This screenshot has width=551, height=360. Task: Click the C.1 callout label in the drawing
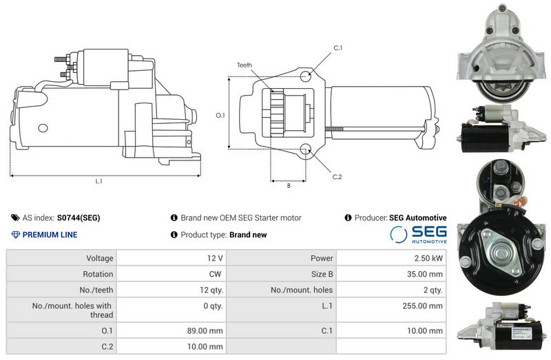tap(337, 47)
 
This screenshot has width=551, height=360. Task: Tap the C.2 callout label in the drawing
tap(337, 177)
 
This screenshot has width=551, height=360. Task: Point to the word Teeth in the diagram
tap(245, 65)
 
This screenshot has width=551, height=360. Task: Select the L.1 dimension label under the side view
tap(98, 181)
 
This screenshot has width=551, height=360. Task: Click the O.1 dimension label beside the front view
tap(220, 115)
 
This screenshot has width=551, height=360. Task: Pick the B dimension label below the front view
tap(289, 186)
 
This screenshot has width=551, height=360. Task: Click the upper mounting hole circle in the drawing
tap(305, 76)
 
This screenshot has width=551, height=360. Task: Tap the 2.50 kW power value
tap(428, 258)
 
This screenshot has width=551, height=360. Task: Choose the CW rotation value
tap(215, 274)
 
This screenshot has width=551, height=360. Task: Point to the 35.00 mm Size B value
tap(425, 274)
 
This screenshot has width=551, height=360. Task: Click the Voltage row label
tap(100, 259)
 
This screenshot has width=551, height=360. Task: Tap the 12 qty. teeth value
tap(211, 290)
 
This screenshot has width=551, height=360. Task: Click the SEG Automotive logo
tap(418, 234)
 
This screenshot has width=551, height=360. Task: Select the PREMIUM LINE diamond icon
tap(15, 235)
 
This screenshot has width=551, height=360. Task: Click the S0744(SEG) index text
tap(79, 218)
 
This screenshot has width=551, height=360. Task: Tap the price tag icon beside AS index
tap(15, 218)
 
